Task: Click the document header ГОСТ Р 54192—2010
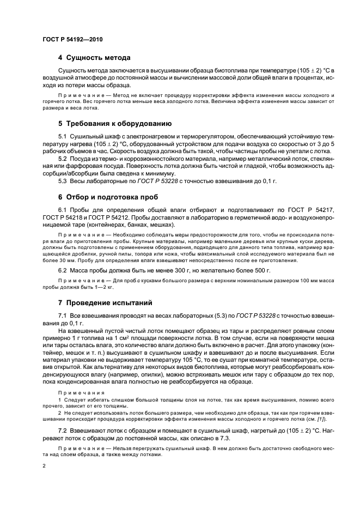click(x=72, y=40)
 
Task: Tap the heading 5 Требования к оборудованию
click(x=115, y=124)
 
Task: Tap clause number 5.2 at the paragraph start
click(x=63, y=158)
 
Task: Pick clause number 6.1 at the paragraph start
click(x=63, y=210)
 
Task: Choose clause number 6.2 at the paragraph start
click(x=63, y=270)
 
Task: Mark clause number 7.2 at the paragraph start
click(x=63, y=430)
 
